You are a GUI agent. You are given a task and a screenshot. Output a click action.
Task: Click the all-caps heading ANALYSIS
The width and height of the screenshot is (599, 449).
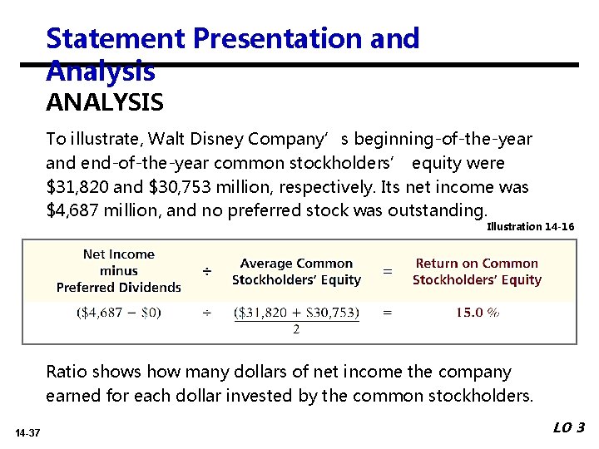coord(105,103)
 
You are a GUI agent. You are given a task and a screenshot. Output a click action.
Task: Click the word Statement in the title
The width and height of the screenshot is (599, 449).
coord(116,38)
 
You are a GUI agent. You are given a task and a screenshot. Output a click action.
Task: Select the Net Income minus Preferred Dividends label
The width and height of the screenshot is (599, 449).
coord(119,271)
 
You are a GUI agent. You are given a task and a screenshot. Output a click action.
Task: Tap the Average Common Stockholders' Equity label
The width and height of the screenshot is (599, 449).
coord(296,272)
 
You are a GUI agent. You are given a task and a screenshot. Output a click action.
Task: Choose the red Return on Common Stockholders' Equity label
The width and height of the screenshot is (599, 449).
coord(477,272)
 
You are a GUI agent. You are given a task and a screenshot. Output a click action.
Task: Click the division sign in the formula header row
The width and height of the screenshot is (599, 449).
coord(207,272)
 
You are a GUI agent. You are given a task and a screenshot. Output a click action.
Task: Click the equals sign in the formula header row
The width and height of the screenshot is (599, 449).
coord(387,272)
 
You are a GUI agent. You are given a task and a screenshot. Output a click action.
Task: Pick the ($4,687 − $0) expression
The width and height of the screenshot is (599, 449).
coord(119,313)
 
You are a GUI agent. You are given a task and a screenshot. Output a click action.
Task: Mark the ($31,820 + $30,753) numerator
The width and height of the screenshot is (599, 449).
coord(296,313)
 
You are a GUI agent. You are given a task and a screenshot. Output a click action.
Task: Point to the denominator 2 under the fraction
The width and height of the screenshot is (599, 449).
coord(296,330)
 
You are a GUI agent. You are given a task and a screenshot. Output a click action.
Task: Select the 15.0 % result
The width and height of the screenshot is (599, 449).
coord(477,313)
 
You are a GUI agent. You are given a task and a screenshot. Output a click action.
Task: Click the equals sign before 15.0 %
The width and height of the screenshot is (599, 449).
coord(387,313)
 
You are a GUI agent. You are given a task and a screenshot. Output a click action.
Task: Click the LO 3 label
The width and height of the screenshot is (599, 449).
coord(569,428)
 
